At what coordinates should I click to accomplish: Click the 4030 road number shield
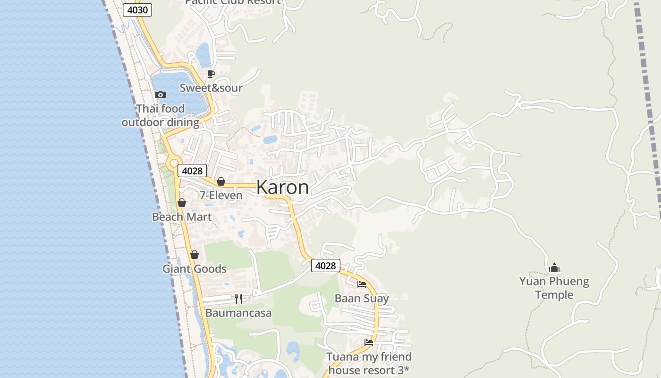[137, 10]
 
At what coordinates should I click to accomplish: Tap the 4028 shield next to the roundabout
[192, 171]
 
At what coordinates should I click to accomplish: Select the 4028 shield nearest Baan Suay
[325, 266]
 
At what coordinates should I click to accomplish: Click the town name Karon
[282, 187]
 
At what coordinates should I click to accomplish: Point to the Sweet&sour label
[211, 88]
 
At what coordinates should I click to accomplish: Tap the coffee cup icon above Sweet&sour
[211, 74]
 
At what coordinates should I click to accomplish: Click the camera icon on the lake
[161, 94]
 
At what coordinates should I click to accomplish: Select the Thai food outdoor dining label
[161, 115]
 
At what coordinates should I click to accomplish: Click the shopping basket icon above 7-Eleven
[220, 181]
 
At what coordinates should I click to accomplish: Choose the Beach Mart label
[182, 217]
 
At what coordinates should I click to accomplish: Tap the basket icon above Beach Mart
[182, 203]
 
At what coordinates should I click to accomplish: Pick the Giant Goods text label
[195, 269]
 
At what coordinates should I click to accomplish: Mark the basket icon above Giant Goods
[195, 255]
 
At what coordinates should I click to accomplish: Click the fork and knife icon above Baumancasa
[238, 299]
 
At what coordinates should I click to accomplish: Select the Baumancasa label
[238, 313]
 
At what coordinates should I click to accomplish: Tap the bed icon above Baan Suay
[362, 284]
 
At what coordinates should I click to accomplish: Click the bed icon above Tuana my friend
[369, 342]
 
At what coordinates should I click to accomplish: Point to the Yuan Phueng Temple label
[554, 288]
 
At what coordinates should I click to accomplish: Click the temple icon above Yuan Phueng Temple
[554, 267]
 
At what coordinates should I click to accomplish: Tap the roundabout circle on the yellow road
[173, 163]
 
